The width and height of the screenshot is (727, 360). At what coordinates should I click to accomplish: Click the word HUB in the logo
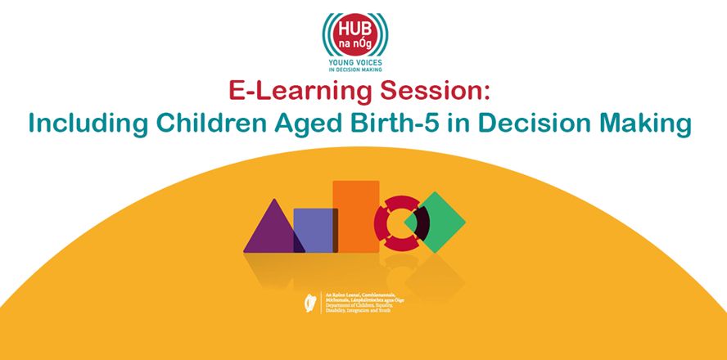355,24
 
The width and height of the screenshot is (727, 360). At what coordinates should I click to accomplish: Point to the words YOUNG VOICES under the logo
356,62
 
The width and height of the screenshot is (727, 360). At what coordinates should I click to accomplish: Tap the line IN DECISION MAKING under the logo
356,71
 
